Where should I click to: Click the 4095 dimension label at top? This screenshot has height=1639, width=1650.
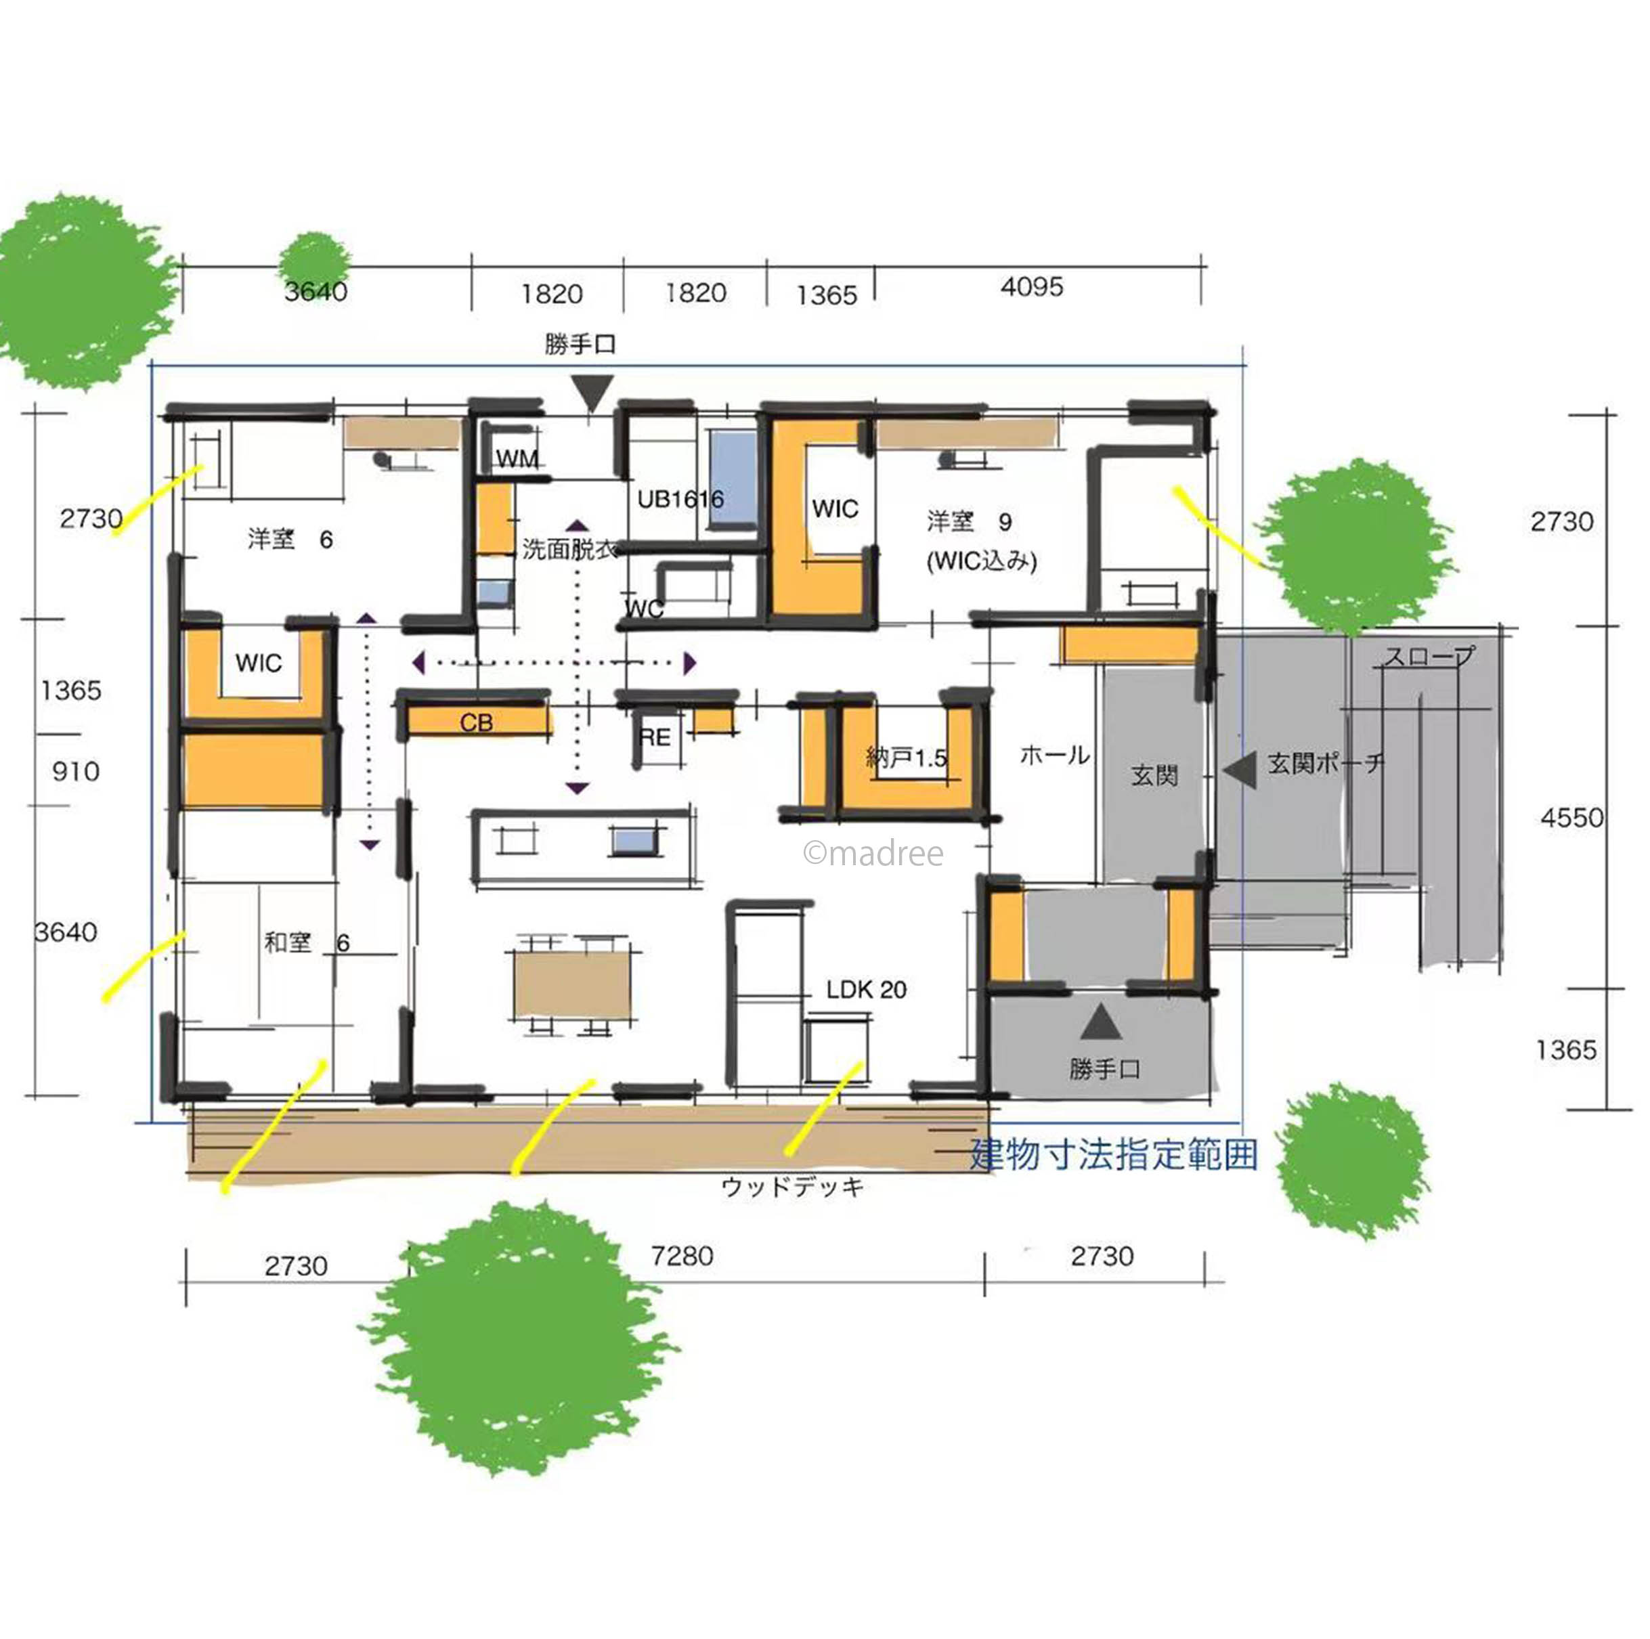click(1032, 286)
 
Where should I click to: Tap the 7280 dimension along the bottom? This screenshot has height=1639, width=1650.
click(682, 1256)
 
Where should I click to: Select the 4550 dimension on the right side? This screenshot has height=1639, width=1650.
click(1572, 817)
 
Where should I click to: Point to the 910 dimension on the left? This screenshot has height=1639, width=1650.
click(76, 771)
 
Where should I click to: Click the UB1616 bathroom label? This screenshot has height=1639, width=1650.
click(680, 499)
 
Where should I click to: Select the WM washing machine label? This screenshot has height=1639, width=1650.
click(517, 460)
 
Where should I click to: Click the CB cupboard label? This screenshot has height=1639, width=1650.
click(477, 722)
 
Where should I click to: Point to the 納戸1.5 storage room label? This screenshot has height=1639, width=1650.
click(906, 758)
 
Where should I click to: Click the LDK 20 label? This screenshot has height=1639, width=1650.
click(866, 990)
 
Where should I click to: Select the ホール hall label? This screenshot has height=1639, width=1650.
click(1055, 755)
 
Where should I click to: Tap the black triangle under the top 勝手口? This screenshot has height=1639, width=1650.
click(592, 395)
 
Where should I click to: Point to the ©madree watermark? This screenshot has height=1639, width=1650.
click(873, 853)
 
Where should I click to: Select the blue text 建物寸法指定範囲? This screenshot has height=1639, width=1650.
click(1114, 1154)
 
